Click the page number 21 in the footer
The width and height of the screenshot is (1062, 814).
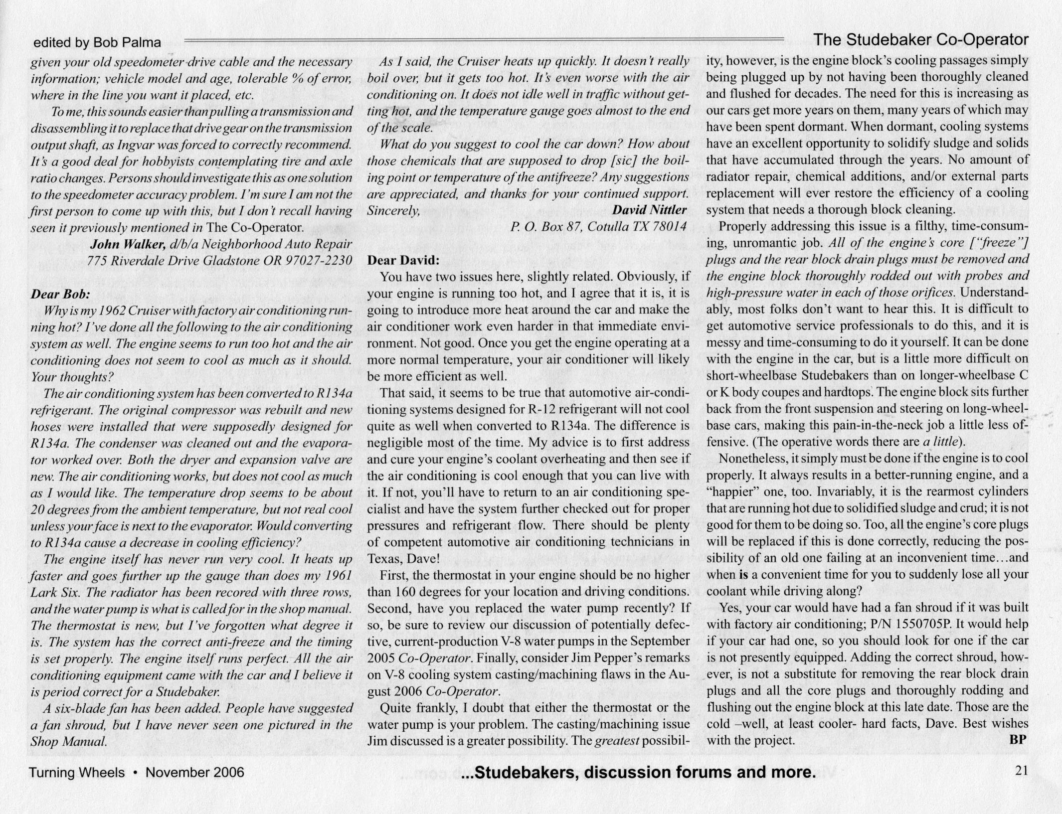pos(1021,771)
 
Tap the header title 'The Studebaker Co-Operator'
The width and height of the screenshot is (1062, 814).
pos(920,40)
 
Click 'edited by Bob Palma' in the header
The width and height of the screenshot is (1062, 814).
pos(97,43)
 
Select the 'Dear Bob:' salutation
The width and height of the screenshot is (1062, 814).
pos(60,294)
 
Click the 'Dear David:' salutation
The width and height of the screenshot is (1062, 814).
pos(403,260)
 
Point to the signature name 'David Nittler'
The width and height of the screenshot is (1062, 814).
pos(649,209)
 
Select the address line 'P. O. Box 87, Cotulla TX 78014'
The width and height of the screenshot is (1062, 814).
pos(598,226)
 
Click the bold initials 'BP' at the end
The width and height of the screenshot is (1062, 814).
pos(1018,740)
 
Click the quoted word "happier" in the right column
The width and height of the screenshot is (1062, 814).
pos(732,491)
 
